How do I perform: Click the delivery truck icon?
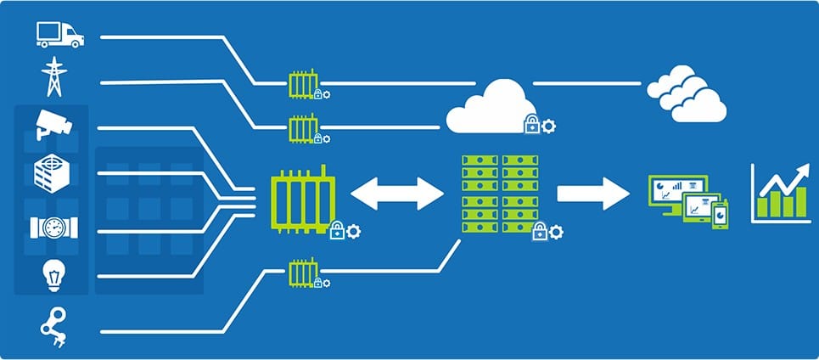coord(59,34)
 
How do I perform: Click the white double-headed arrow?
coord(397,192)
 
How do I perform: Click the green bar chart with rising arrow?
coord(780,194)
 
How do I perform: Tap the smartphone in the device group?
coord(720,214)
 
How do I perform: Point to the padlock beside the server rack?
coord(538,231)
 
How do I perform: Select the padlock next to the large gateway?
coord(336,230)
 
